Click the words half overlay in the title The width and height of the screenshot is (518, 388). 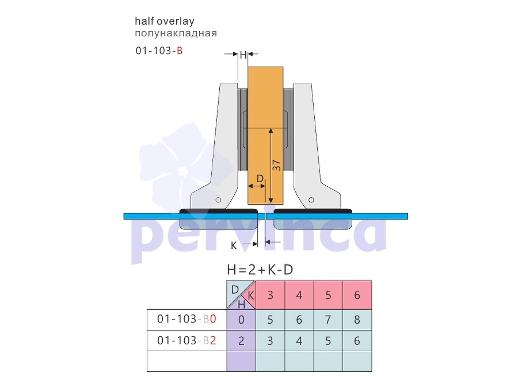tap(165, 21)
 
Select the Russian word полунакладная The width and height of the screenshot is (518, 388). tap(176, 33)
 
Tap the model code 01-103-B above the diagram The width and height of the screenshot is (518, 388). tap(159, 51)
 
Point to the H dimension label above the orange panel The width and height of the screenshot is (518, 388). tap(243, 55)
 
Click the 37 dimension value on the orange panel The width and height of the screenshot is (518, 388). tap(276, 165)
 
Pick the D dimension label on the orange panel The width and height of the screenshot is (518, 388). tap(260, 179)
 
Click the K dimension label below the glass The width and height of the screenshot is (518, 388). tap(234, 245)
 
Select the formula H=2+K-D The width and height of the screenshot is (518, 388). tap(260, 270)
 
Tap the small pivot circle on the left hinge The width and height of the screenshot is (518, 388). tap(218, 200)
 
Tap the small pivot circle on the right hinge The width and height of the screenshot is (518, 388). tap(311, 200)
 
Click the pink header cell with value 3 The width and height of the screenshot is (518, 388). tap(271, 295)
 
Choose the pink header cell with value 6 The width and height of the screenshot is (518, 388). tap(357, 295)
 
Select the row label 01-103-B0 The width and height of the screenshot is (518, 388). tap(186, 319)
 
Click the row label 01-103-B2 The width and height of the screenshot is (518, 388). tap(186, 340)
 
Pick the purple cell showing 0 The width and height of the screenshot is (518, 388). tap(241, 320)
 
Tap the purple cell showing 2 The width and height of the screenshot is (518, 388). tap(241, 340)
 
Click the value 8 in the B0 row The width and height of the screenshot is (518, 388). tap(357, 320)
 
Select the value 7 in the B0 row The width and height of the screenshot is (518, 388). tap(328, 320)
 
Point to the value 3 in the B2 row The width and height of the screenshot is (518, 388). tap(271, 340)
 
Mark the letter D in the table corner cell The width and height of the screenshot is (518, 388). tap(235, 290)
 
